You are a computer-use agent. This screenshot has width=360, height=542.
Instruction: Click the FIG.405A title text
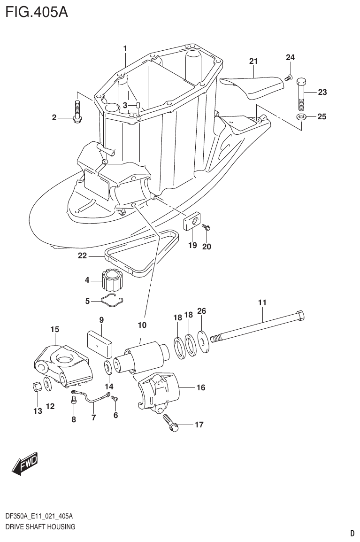coord(37,11)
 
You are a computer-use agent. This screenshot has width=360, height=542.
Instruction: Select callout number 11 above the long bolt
coord(262,303)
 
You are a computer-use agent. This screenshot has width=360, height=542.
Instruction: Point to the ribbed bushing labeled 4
coord(112,281)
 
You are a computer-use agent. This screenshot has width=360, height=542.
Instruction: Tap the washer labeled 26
coord(203,341)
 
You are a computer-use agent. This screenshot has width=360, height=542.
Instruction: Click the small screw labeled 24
coord(289,77)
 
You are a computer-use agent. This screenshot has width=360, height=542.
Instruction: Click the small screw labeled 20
coord(206,228)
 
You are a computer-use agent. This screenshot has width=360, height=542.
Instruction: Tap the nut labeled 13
coord(35,387)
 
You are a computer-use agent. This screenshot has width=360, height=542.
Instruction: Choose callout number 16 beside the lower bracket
coord(200,388)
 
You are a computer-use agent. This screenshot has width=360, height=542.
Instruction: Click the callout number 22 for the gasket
coord(83,256)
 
